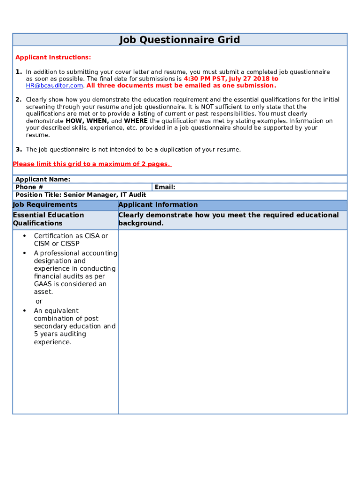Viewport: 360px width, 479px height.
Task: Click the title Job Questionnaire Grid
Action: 180,40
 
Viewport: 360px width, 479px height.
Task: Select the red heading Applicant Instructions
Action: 53,58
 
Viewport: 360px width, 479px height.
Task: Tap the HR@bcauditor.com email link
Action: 54,86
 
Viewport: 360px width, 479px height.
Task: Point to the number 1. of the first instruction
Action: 18,72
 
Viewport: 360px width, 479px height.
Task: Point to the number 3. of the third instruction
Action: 18,150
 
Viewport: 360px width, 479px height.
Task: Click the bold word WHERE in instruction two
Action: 136,121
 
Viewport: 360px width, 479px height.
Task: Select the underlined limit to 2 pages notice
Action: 92,164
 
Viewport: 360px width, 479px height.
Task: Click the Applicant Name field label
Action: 43,180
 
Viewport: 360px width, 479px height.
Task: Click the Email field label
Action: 165,187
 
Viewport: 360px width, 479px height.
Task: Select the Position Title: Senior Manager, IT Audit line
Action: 80,195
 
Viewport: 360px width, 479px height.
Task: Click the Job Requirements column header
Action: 45,205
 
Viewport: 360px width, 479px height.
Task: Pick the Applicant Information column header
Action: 158,205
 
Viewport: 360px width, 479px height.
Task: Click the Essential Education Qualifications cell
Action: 48,219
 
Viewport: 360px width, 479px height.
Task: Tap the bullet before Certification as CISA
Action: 24,236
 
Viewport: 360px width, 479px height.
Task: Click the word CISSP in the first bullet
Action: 70,244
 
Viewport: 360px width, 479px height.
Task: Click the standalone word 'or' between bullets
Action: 39,301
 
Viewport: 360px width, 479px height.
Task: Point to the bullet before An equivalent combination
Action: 24,311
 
